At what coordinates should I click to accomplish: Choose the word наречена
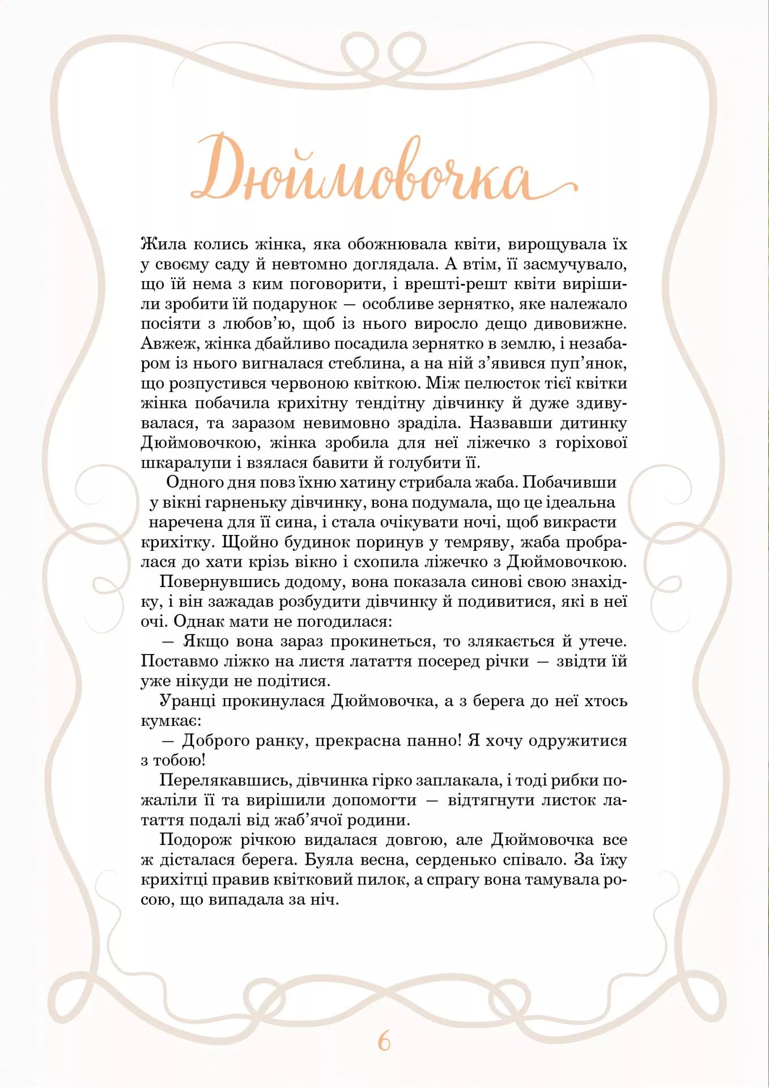point(185,522)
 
